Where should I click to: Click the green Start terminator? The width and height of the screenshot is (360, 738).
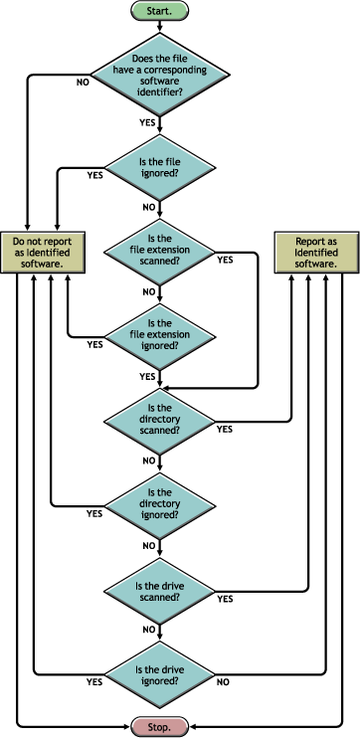click(157, 12)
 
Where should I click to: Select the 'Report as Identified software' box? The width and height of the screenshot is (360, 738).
click(316, 253)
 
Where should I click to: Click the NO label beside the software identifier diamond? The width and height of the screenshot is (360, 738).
click(84, 84)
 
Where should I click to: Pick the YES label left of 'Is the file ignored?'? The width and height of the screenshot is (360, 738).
click(95, 175)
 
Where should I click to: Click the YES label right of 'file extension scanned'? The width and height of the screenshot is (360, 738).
click(225, 260)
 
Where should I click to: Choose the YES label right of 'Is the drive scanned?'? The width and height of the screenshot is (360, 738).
click(225, 599)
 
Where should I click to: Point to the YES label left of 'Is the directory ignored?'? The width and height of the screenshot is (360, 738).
click(95, 514)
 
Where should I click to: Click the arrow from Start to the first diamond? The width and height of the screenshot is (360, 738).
click(157, 29)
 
